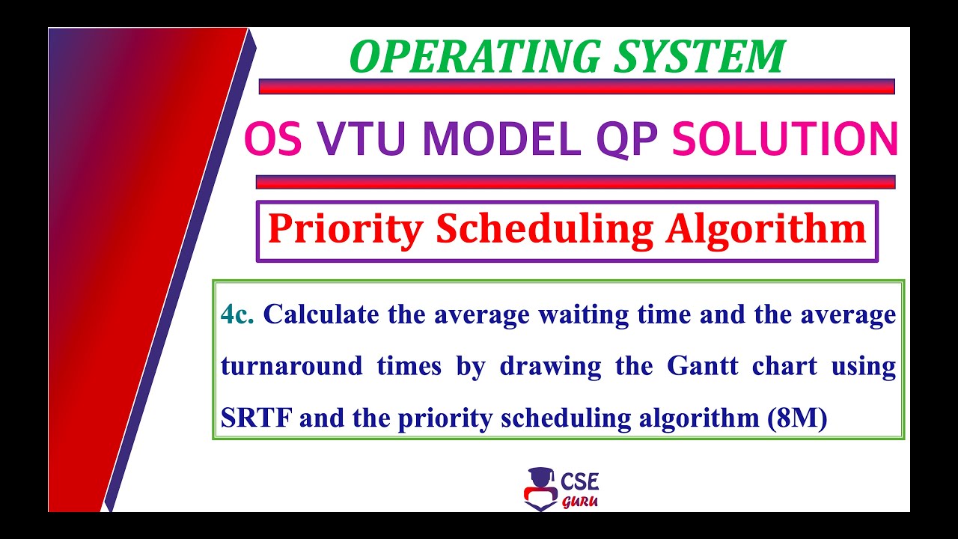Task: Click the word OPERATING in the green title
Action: [x=460, y=57]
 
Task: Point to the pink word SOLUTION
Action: [x=785, y=139]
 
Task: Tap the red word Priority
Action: [x=345, y=230]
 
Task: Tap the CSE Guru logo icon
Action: [x=540, y=488]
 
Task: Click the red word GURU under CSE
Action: [x=579, y=502]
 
